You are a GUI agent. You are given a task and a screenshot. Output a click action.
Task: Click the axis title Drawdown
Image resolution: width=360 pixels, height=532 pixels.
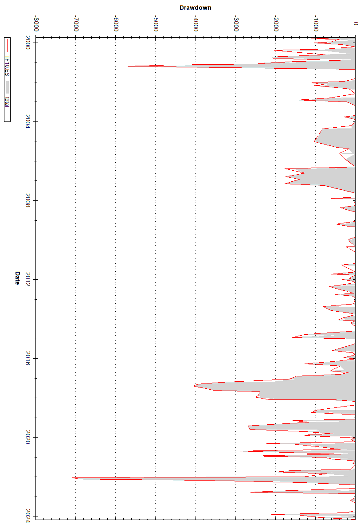click(195, 8)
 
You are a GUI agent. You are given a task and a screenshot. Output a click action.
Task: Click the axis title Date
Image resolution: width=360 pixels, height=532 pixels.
click(17, 278)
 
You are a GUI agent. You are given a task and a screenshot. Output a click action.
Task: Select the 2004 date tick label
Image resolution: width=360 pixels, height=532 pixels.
click(28, 122)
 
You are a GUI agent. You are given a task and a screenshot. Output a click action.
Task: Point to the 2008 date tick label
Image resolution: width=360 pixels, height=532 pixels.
click(28, 200)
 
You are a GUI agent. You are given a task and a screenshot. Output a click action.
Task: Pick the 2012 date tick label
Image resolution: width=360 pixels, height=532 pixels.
click(28, 279)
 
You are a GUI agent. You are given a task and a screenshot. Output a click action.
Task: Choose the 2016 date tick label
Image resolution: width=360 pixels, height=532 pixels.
click(28, 358)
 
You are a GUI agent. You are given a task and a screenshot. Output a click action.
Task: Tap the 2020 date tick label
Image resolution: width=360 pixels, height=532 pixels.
click(28, 437)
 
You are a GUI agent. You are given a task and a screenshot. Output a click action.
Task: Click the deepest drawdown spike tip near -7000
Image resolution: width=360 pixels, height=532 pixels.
click(73, 478)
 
